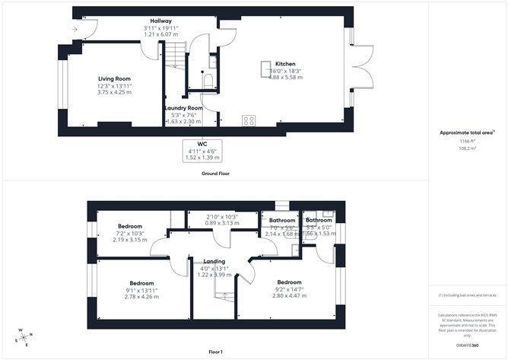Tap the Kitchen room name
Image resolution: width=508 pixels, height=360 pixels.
(x=285, y=64)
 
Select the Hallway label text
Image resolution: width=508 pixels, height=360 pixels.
(x=160, y=21)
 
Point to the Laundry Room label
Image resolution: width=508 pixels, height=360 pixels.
(x=183, y=108)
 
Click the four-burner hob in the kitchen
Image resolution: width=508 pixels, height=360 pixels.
(x=249, y=119)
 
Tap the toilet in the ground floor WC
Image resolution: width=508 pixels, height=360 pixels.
(x=206, y=78)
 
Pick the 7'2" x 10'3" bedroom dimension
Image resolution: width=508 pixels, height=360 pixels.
(x=129, y=233)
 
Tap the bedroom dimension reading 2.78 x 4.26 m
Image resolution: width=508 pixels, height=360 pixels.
(x=141, y=295)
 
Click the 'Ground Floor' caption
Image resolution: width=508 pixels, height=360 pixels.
(x=216, y=174)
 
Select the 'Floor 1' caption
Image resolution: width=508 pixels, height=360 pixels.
(x=215, y=352)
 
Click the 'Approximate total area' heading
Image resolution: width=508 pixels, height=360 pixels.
(x=465, y=132)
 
